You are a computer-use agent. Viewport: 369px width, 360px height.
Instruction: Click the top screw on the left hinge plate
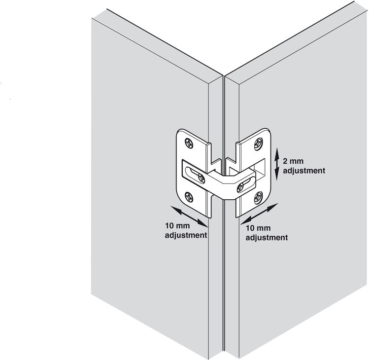[189, 143]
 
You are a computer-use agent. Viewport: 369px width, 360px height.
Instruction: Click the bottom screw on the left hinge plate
[189, 197]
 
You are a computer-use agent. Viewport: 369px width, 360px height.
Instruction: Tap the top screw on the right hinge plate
[258, 144]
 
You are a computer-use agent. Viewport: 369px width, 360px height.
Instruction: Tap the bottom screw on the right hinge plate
[258, 198]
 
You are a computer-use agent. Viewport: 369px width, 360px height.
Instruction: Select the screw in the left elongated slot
[201, 179]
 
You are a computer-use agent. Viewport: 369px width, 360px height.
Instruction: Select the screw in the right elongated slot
[240, 187]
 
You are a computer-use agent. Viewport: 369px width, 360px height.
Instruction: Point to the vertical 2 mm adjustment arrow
[277, 164]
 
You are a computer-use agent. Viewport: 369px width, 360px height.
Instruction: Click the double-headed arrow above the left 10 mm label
[189, 216]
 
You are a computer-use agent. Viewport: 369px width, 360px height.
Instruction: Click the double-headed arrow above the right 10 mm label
[259, 214]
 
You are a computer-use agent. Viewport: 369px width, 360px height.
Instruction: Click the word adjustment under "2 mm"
[304, 170]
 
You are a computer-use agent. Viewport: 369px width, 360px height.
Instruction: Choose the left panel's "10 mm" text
[177, 225]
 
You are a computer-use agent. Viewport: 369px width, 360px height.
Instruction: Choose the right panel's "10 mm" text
[258, 228]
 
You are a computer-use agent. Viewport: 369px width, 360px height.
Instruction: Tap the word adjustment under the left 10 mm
[186, 235]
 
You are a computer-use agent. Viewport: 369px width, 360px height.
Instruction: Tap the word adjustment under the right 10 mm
[267, 237]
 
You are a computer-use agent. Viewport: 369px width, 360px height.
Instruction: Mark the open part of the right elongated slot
[249, 181]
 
